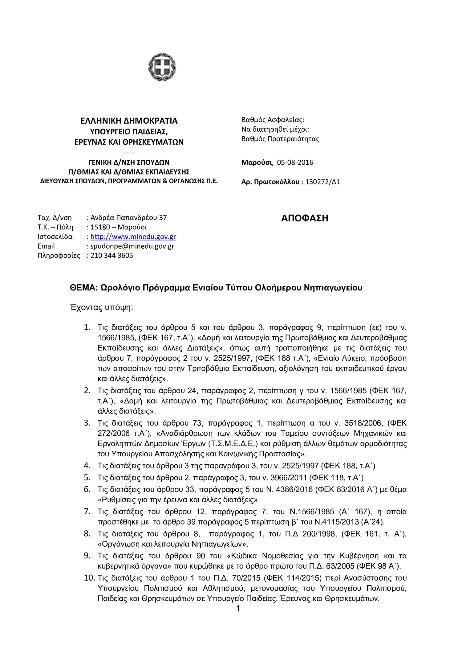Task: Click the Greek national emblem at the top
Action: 162,67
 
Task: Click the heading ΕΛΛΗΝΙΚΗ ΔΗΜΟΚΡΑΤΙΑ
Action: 129,121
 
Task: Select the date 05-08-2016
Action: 295,162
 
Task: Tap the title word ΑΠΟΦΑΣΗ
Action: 305,218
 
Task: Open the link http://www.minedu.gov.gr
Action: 133,237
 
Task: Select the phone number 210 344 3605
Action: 111,255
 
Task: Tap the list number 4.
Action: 87,465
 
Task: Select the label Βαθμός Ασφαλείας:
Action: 273,120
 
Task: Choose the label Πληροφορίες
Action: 59,255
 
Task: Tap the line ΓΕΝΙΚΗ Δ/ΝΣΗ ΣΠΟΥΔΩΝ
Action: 129,162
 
